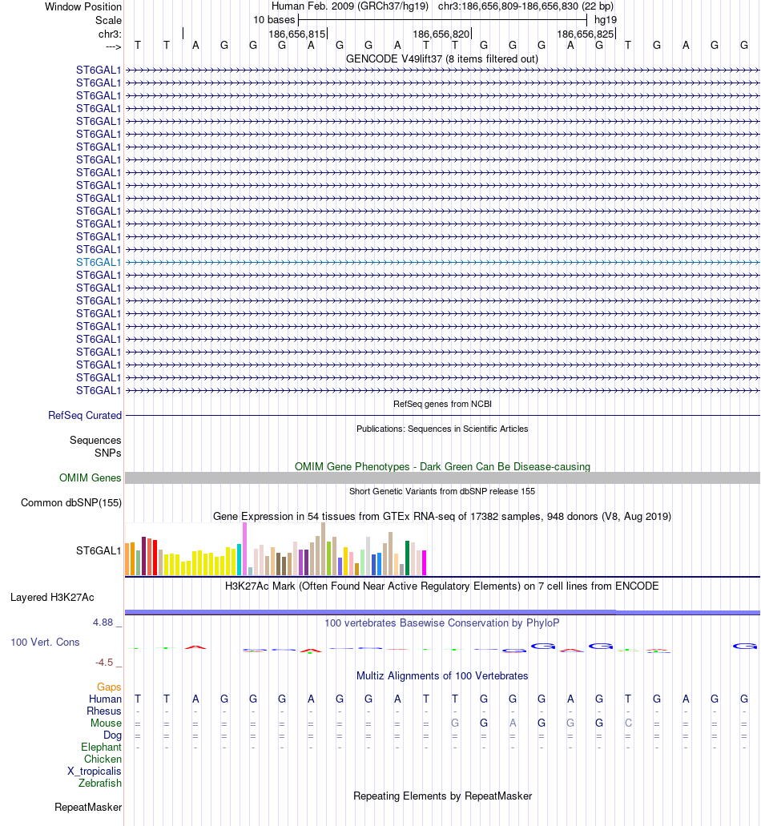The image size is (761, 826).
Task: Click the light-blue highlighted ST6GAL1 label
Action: [x=99, y=262]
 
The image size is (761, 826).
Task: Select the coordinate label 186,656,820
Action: [x=441, y=34]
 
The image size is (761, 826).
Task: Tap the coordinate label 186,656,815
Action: [x=297, y=34]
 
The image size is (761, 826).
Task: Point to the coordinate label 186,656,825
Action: [x=586, y=34]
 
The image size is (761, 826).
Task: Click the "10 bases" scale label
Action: [x=274, y=19]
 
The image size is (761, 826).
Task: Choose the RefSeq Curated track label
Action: [x=85, y=416]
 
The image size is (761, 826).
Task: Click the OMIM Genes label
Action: [x=91, y=478]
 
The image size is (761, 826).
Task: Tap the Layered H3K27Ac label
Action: [x=52, y=598]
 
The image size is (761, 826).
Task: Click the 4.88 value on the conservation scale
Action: [x=107, y=622]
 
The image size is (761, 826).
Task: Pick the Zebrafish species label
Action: [x=100, y=784]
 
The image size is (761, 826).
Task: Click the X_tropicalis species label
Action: [x=95, y=772]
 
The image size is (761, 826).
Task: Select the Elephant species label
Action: [x=101, y=747]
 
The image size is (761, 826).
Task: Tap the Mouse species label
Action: [x=106, y=723]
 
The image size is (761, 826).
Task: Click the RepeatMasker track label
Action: [x=88, y=808]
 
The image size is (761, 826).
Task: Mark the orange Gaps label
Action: [x=109, y=687]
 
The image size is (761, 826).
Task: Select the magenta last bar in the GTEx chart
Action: [x=425, y=562]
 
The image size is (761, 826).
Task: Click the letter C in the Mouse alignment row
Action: [x=629, y=723]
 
